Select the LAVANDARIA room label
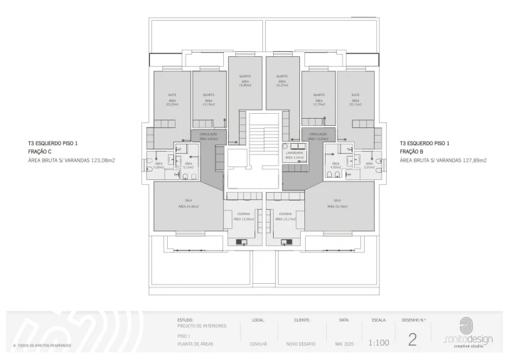coord(295,153)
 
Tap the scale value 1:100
coord(379,342)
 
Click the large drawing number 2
coord(412,339)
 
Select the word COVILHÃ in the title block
coord(259,344)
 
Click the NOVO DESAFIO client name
coord(301,344)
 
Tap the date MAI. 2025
coord(345,344)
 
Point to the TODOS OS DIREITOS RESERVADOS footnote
coord(42,346)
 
